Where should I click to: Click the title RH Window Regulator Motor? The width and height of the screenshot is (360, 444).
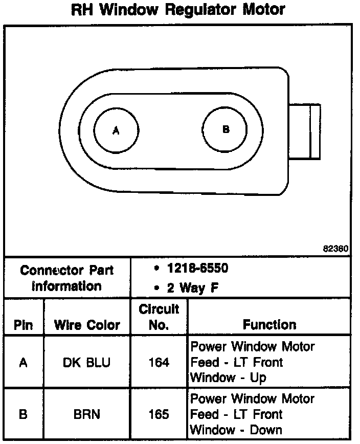178,10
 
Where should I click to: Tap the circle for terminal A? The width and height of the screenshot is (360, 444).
117,130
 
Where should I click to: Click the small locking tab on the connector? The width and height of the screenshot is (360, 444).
305,131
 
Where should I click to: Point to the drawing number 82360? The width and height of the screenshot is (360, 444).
335,249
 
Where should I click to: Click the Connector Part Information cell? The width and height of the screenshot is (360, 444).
67,277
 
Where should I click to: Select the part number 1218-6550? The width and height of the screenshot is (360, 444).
197,269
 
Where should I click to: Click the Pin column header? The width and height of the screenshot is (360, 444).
24,325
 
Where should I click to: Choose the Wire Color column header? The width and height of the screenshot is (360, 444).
87,325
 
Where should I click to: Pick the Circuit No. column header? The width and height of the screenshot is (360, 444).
159,317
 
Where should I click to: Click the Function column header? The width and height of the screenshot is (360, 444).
269,325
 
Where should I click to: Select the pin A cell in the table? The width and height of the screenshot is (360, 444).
24,362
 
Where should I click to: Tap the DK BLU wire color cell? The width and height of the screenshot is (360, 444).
87,362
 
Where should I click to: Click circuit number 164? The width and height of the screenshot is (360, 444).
159,362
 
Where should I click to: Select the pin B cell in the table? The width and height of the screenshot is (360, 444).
24,414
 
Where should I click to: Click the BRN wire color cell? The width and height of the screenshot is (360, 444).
87,414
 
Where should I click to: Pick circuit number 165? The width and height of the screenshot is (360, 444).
159,414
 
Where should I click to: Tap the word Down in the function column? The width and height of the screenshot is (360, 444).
266,430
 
